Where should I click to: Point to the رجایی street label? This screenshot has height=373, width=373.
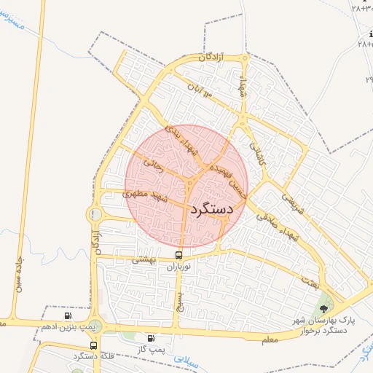(x=153, y=165)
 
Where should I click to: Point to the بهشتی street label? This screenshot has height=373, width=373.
(x=144, y=259)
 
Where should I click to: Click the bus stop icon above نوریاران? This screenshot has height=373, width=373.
(x=179, y=255)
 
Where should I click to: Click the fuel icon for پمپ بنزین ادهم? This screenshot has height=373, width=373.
(x=68, y=315)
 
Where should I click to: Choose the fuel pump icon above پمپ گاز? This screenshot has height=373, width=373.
(x=152, y=338)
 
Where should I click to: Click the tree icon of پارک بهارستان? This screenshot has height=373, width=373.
(x=323, y=309)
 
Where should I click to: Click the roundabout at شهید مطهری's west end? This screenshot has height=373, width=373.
(x=95, y=215)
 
